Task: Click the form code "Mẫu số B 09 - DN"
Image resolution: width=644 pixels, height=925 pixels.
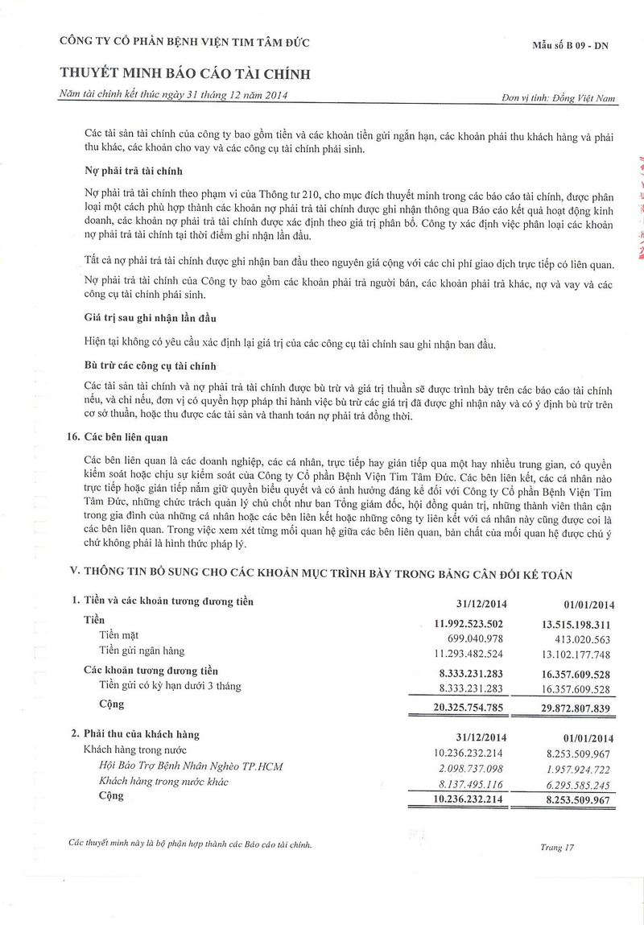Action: [570, 45]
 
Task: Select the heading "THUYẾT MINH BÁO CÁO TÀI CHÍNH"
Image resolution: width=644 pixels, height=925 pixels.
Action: [185, 75]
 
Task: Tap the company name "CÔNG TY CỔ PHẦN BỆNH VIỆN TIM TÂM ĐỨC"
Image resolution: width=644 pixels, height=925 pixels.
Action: [184, 43]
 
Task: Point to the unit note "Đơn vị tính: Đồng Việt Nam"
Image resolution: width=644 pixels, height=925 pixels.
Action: [558, 98]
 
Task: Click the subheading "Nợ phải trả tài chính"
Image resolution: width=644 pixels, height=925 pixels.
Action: [134, 171]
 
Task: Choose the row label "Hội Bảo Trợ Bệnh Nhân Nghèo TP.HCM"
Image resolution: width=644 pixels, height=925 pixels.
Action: [190, 766]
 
